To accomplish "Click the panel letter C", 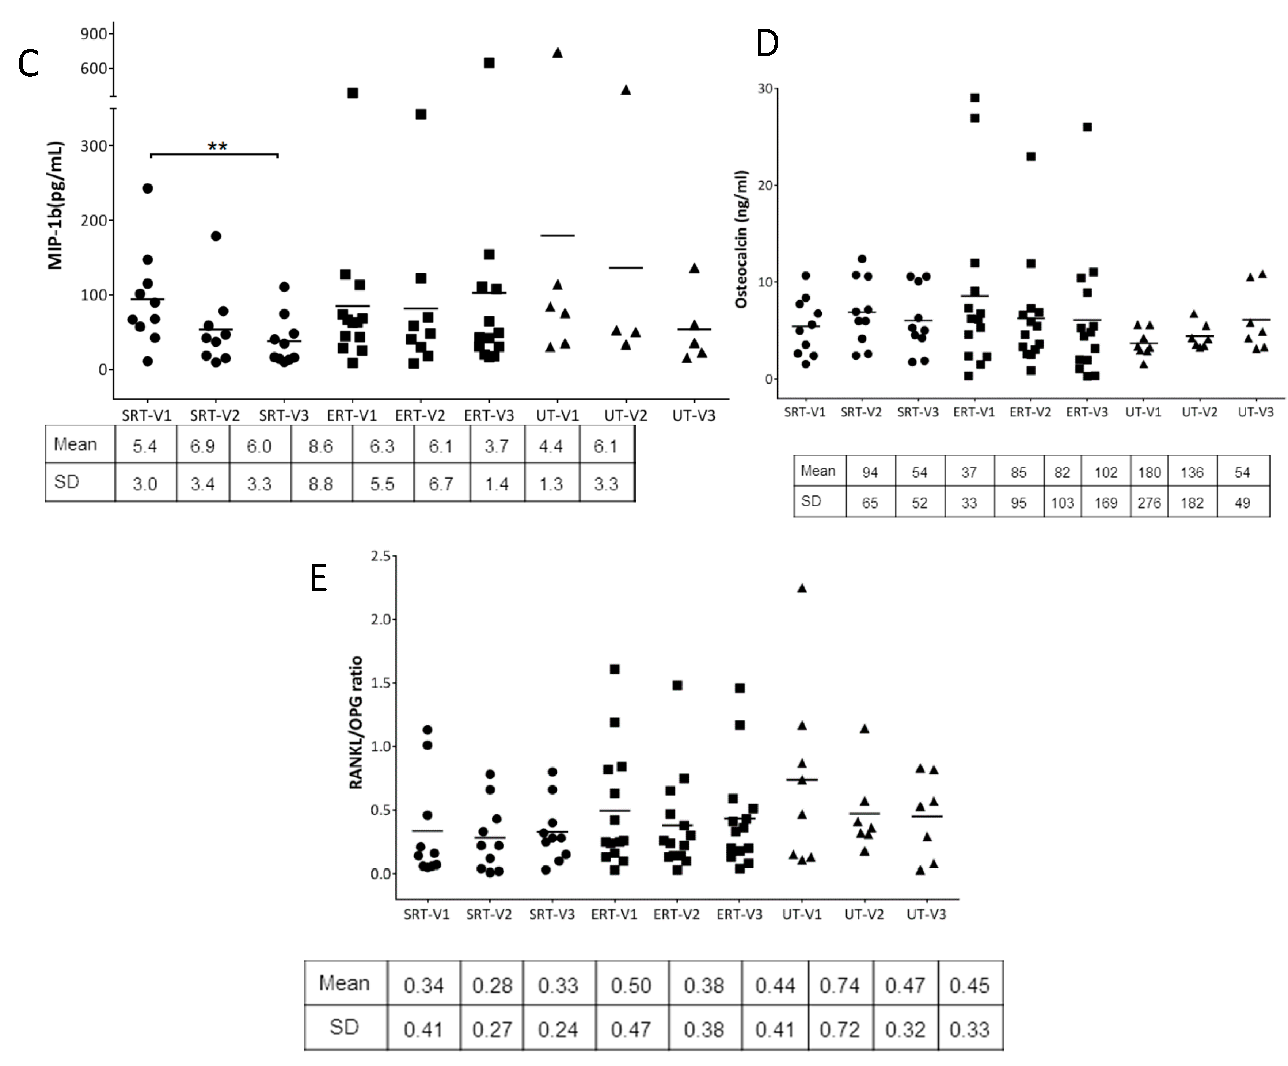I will point(28,64).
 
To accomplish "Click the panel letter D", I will point(767,43).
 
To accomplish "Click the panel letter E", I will point(318,578).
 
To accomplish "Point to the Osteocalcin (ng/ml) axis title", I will point(741,239).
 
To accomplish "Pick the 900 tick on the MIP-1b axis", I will point(94,34).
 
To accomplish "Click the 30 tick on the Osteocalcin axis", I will point(765,89).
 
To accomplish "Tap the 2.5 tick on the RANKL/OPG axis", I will point(380,556).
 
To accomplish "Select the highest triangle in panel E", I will point(802,587).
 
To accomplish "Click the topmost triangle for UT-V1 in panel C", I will point(558,53).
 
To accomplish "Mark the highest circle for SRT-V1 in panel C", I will point(147,188).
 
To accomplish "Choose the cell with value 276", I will point(1149,503).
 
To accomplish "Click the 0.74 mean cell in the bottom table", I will point(840,986).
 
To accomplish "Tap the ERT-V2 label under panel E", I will point(676,914).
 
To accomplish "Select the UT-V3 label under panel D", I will point(1255,412).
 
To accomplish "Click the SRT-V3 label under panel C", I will point(284,416).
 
